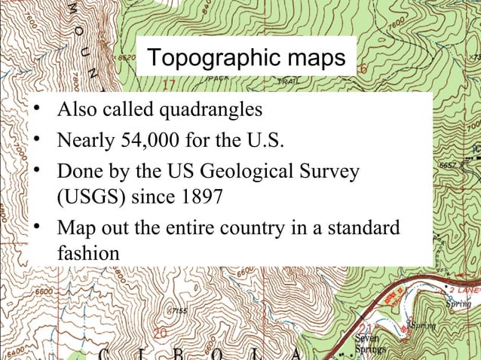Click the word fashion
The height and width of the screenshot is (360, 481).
[x=87, y=254]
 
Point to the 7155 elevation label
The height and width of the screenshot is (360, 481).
[x=179, y=310]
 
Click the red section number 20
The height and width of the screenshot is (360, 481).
[x=159, y=332]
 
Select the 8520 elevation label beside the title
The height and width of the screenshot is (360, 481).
[x=124, y=56]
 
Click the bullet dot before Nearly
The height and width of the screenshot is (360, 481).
[x=35, y=139]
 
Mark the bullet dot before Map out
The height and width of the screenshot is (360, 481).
[x=35, y=226]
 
